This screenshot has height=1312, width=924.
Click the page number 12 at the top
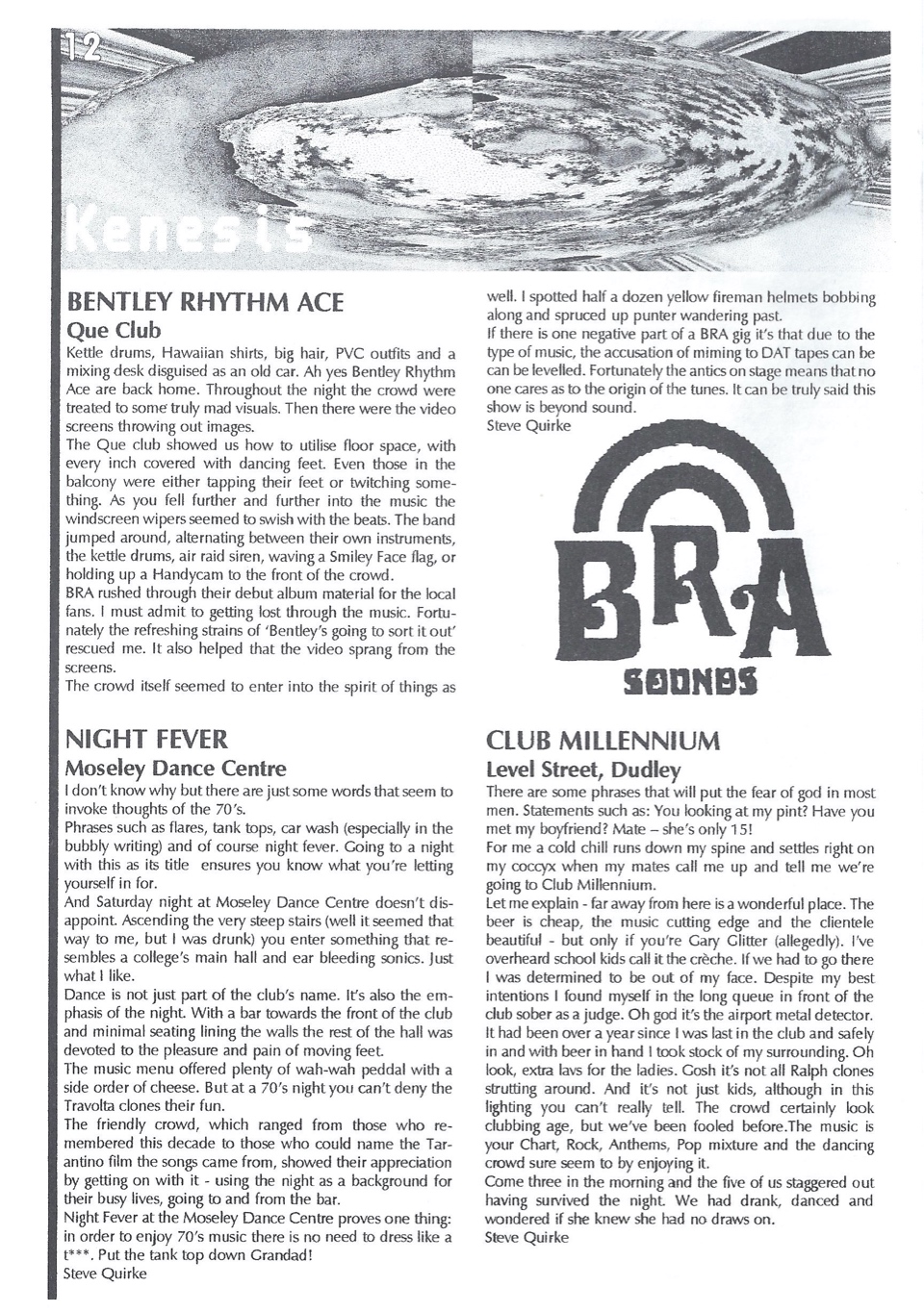click(82, 49)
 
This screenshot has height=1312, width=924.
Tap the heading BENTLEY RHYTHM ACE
click(203, 302)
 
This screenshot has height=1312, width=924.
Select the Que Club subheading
click(113, 330)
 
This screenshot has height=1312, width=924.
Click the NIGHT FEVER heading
click(145, 739)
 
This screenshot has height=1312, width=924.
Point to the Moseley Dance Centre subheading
click(174, 768)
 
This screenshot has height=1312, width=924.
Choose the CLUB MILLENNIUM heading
click(603, 741)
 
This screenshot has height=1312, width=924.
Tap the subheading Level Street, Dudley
click(582, 770)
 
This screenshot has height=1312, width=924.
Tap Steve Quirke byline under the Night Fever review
click(105, 1274)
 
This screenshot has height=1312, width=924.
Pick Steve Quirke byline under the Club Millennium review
click(526, 1237)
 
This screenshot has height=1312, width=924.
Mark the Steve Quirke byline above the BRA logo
click(528, 425)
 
